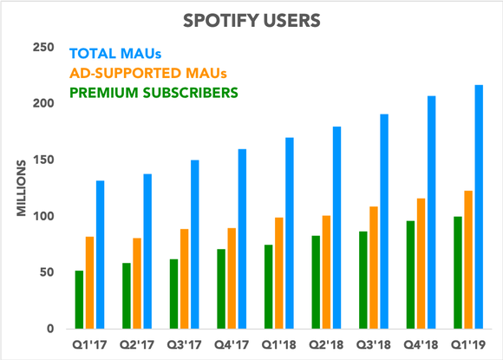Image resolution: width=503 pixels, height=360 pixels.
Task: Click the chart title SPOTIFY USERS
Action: pyautogui.click(x=251, y=17)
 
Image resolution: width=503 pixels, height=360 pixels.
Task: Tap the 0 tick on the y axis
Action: pyautogui.click(x=50, y=329)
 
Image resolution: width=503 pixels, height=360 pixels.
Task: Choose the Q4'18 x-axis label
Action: pyautogui.click(x=420, y=345)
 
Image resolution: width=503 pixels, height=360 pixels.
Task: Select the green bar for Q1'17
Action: pyautogui.click(x=80, y=299)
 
